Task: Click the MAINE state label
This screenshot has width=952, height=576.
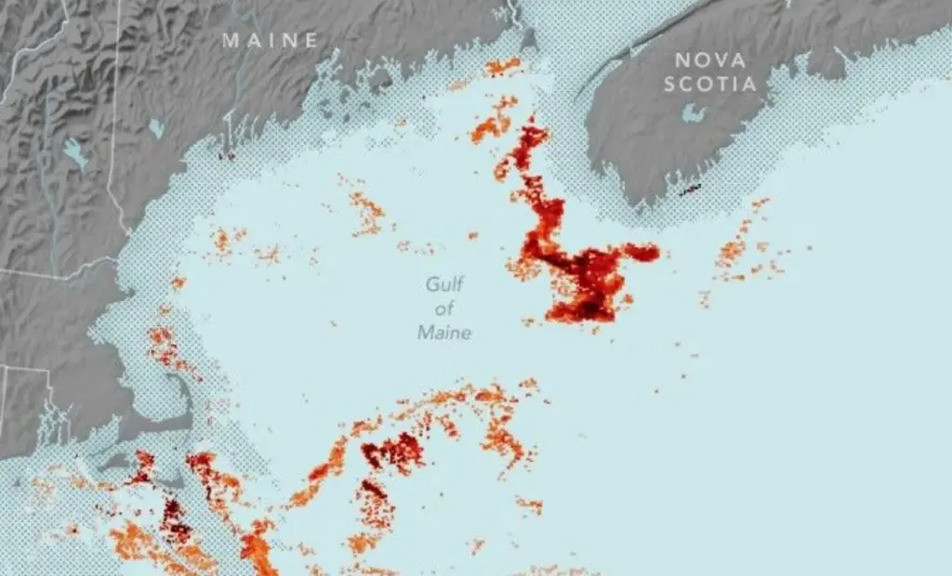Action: (271, 40)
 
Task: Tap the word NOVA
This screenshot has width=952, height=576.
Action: (710, 60)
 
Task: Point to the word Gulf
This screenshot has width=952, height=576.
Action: (444, 285)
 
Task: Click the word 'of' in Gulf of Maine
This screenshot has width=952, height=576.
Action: (444, 308)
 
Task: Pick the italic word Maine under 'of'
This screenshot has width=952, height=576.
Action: (444, 333)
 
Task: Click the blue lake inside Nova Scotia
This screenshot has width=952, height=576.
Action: (692, 112)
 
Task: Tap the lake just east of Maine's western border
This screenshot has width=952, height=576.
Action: (155, 127)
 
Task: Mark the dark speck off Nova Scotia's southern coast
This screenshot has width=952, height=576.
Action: (690, 190)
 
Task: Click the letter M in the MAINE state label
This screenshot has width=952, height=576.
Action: (231, 40)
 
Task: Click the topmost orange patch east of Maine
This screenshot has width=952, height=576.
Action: (503, 66)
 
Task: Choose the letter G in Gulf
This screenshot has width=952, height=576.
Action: (431, 285)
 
